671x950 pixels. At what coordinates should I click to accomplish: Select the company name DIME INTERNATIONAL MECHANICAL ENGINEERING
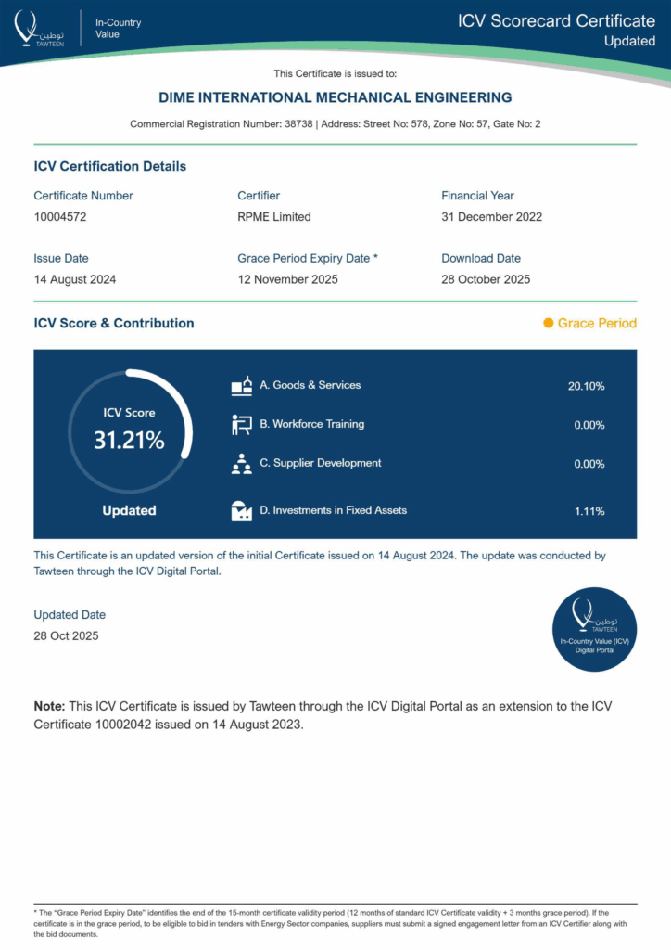[x=335, y=97]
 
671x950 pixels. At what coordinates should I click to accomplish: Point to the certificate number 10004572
[x=60, y=217]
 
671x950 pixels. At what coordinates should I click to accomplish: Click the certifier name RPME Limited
[x=274, y=217]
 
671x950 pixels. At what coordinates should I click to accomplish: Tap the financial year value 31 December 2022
[x=491, y=217]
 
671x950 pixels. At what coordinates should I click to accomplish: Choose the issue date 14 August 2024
[x=75, y=279]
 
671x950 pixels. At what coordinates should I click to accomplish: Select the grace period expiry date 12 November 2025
[x=287, y=279]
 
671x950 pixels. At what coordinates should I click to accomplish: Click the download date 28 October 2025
[x=486, y=279]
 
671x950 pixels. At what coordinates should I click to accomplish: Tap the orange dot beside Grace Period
[x=549, y=323]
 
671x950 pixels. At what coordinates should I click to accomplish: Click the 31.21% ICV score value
[x=129, y=441]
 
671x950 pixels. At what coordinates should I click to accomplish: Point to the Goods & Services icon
[x=241, y=386]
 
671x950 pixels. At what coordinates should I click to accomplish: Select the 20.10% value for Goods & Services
[x=586, y=386]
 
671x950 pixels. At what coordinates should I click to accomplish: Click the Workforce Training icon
[x=241, y=425]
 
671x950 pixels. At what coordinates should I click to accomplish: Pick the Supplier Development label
[x=320, y=463]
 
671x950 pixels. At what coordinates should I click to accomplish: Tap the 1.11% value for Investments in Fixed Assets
[x=589, y=511]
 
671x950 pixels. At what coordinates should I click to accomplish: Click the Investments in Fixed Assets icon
[x=241, y=510]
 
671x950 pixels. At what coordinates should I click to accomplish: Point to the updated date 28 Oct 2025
[x=66, y=636]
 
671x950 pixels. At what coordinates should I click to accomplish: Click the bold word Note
[x=50, y=707]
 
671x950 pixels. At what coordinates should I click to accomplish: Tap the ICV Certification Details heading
[x=110, y=167]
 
